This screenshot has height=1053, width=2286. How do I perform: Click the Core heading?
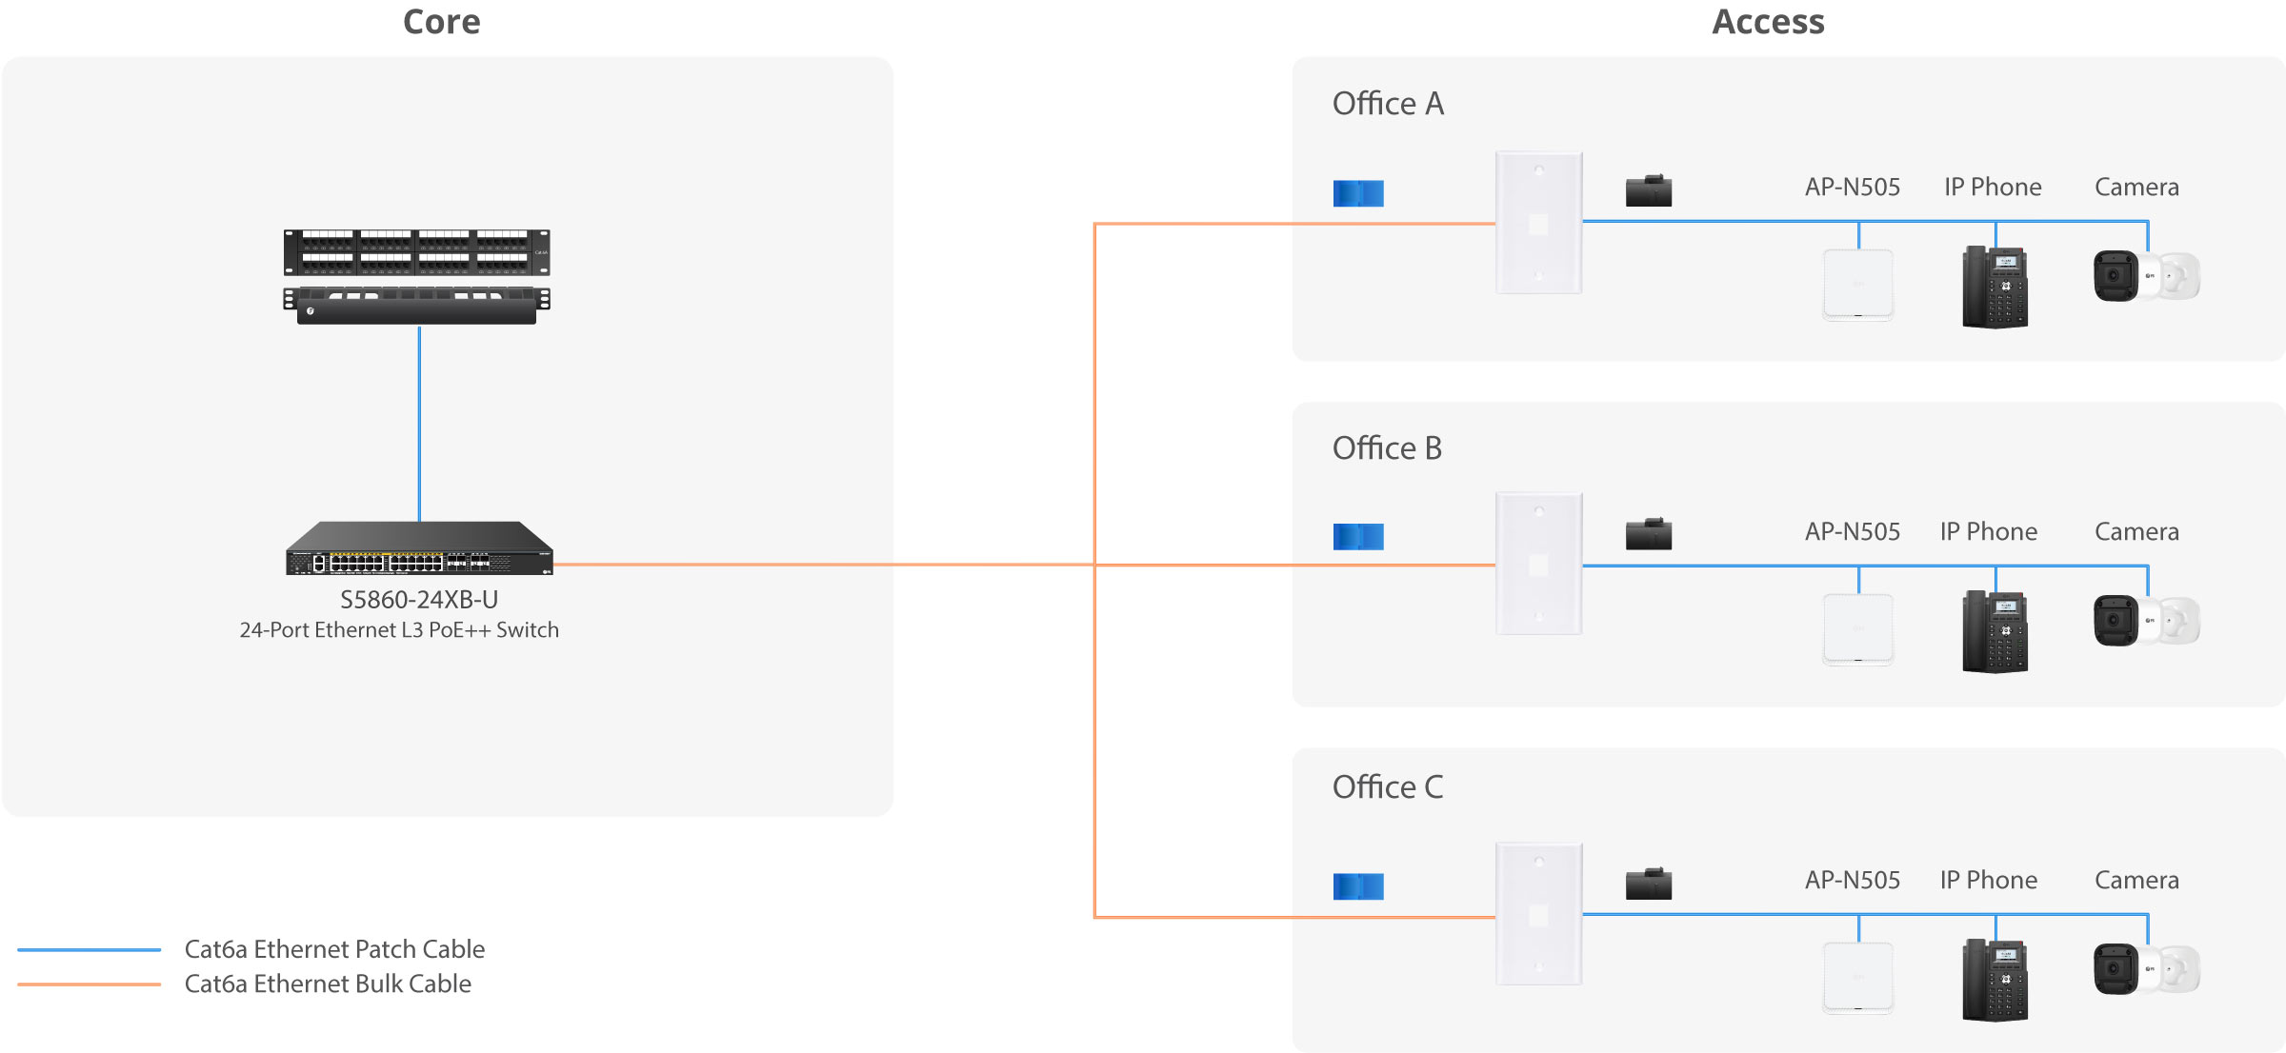pos(441,22)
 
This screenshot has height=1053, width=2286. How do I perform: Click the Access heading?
pos(1768,22)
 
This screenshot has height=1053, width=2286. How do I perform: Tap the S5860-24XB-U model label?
pos(419,600)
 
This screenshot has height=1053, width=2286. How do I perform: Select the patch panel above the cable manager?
pos(416,252)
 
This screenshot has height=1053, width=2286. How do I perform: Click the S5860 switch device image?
pos(419,547)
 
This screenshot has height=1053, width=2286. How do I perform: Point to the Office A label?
pos(1388,103)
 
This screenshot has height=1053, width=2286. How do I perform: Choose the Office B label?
pos(1387,447)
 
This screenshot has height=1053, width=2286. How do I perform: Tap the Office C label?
pos(1388,786)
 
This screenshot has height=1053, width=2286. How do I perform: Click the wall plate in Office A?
pos(1539,223)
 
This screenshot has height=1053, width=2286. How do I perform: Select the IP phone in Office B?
pos(1995,631)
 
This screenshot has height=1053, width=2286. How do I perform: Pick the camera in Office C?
pos(2147,969)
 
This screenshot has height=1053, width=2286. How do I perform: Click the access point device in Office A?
pos(1858,285)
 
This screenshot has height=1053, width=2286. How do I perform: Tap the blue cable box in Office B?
pos(1358,537)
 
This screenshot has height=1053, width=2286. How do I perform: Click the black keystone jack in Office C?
pos(1649,884)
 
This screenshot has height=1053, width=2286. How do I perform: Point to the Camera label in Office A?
pos(2136,187)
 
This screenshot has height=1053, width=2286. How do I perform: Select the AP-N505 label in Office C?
pos(1853,880)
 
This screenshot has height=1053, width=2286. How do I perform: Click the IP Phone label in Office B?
pos(1989,531)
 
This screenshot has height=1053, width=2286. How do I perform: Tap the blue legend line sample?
pos(89,949)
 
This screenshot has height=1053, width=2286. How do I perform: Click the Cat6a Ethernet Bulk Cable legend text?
pos(328,983)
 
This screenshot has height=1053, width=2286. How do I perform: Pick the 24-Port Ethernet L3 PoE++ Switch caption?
pos(399,630)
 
